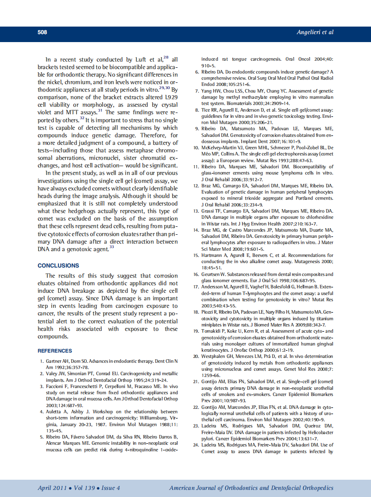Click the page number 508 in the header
(43, 32)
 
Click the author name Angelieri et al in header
(315, 32)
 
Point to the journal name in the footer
(251, 488)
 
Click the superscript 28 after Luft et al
(166, 58)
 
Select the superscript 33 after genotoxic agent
(112, 247)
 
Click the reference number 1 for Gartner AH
(42, 361)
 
